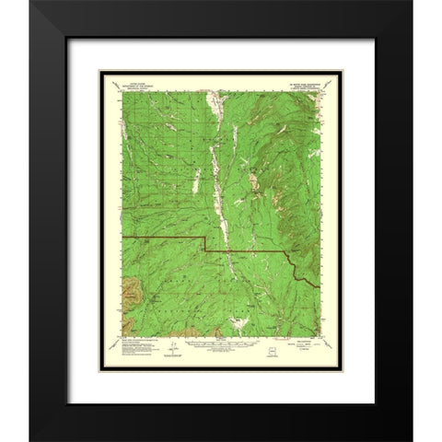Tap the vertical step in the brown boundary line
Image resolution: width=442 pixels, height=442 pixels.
(204, 245)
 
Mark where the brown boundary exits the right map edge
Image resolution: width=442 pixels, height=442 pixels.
(324, 278)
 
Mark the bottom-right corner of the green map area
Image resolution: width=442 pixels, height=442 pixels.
(324, 333)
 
